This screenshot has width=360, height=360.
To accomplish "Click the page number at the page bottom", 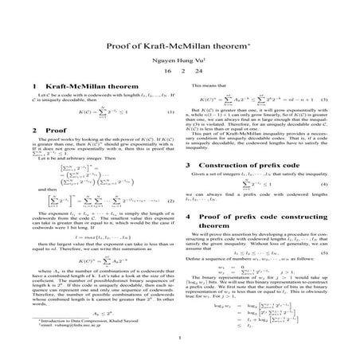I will (x=180, y=343).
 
